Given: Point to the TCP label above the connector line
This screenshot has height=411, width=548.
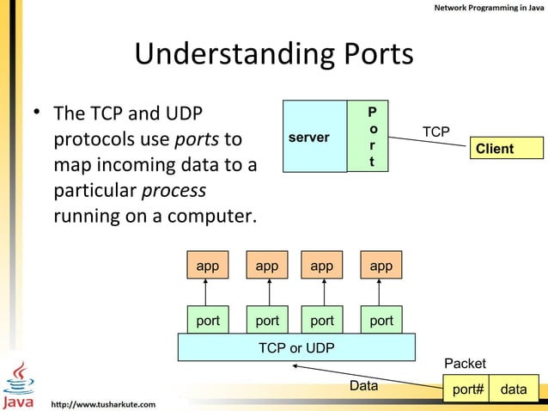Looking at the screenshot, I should [435, 132].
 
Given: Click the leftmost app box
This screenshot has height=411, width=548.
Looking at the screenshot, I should [208, 267].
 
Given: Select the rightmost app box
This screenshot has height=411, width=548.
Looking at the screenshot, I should [381, 267].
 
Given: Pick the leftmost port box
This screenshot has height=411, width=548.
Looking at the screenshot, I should [208, 321].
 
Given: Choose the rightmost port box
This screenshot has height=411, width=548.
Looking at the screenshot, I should [381, 321].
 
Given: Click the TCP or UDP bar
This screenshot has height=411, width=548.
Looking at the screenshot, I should [296, 347].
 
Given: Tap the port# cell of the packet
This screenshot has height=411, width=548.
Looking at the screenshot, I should [468, 390].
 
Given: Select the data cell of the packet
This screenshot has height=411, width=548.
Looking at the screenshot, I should [514, 390].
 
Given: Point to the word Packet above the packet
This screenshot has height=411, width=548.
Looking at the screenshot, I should [465, 364].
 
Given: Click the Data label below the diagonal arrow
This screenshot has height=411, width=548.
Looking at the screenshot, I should [363, 386].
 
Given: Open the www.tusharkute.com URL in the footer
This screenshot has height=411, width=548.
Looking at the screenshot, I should [104, 403].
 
